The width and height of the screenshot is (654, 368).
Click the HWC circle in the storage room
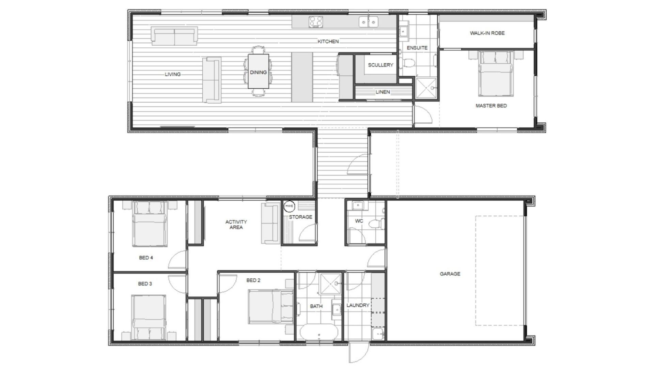click(x=289, y=206)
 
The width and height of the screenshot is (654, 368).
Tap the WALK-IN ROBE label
click(x=487, y=33)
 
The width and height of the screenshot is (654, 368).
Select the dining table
click(x=258, y=71)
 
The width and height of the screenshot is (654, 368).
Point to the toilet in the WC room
click(x=377, y=224)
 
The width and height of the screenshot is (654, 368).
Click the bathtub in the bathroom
click(x=319, y=332)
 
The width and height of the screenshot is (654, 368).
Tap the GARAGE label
click(x=450, y=274)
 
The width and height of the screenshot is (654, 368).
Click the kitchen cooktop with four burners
click(x=316, y=22)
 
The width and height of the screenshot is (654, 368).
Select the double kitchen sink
click(x=369, y=22)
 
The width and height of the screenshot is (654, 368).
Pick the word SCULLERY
click(x=380, y=65)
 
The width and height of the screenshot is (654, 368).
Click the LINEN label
click(x=383, y=92)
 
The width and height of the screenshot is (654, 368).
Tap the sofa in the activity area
click(x=271, y=223)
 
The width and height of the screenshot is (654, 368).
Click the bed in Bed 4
click(x=150, y=224)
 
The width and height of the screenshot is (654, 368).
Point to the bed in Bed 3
click(x=149, y=318)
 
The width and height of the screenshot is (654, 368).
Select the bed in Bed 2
click(x=271, y=306)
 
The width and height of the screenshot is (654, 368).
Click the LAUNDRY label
click(x=358, y=305)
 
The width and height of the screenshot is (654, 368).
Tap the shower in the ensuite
click(x=426, y=88)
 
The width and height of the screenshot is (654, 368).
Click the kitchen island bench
click(x=302, y=77)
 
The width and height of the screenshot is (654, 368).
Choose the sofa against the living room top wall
click(x=174, y=36)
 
